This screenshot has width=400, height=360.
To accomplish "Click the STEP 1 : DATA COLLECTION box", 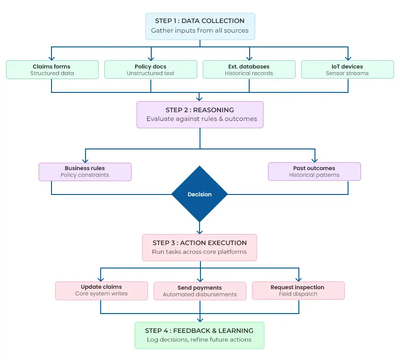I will point(200,26).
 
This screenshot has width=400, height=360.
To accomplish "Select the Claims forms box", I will point(52,69).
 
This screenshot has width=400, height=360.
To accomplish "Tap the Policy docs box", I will point(151,69).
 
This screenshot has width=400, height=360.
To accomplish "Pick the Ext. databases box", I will point(249,69).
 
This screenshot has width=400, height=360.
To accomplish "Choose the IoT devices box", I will point(347,69).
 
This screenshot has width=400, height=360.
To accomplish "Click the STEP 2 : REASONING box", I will point(200,114).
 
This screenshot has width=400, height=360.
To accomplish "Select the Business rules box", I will point(85,171).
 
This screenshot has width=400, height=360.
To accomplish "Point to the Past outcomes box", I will point(314,171).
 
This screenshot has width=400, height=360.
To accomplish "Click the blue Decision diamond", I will point(200,194).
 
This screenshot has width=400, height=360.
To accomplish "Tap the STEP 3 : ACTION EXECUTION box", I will point(200,247).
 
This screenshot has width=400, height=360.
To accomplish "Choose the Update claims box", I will point(101,291).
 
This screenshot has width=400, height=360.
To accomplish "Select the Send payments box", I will point(200,291).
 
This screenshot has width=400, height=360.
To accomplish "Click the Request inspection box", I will point(297,291).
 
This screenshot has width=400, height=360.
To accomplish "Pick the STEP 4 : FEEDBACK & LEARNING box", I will point(199,335).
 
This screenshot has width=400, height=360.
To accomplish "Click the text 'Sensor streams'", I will point(347,74).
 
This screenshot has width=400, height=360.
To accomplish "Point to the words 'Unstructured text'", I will point(151,74).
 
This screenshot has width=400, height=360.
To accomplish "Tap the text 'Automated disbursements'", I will point(200,295).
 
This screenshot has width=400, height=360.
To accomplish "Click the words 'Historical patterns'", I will point(314,175).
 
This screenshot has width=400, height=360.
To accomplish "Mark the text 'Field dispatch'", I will point(297,294).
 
